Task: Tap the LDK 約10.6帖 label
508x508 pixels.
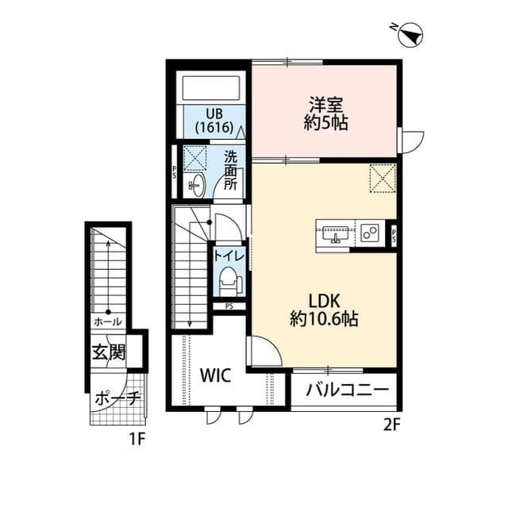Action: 323,310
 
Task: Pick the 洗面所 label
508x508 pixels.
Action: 231,169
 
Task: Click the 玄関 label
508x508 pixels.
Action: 109,352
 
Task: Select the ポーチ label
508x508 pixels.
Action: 117,399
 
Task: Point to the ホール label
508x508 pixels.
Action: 107,322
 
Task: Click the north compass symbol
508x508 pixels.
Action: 412,35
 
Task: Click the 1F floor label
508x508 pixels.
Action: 137,437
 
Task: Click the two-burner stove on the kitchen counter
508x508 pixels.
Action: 370,233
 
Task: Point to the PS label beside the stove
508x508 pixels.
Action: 394,233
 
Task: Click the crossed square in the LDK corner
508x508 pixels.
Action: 383,177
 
